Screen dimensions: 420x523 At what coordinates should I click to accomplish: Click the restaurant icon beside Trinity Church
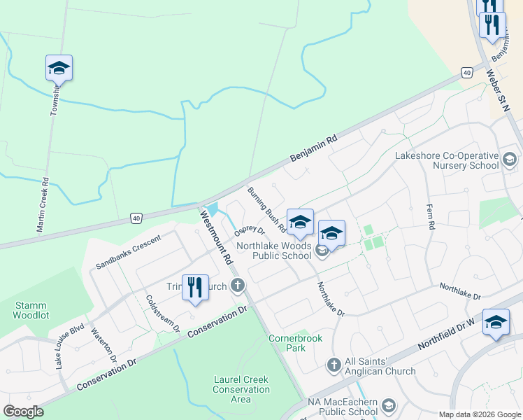click(195, 287)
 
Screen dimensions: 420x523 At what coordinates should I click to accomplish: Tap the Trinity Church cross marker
click(238, 286)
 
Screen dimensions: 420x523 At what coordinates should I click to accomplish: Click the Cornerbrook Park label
click(296, 343)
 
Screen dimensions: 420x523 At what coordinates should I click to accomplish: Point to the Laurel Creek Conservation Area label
click(241, 389)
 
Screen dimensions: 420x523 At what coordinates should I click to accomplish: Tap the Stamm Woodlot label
click(31, 310)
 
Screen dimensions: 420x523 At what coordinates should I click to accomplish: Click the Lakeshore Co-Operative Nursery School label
click(447, 160)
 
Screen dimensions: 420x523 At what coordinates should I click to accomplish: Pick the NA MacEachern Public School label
click(344, 407)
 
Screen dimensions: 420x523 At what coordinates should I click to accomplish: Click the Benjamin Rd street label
click(315, 148)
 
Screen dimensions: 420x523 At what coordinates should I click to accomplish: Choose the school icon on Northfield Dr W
click(496, 322)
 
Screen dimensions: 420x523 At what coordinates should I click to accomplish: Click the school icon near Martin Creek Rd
click(59, 69)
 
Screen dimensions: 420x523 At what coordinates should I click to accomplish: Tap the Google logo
click(24, 412)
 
